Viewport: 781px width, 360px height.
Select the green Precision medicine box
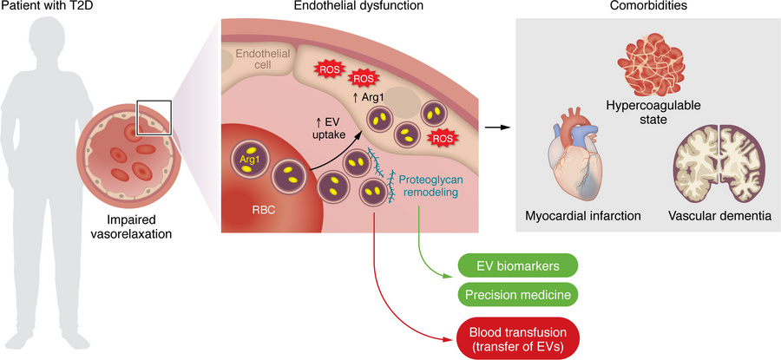pos(515,295)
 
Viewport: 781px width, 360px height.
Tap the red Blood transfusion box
pos(515,334)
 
